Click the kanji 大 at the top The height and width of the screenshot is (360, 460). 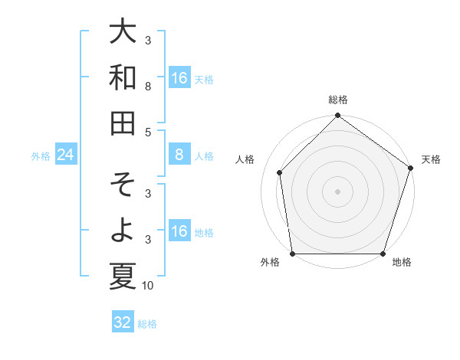click(x=123, y=31)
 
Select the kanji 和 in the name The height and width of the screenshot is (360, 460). click(x=123, y=77)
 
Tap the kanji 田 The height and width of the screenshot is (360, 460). click(x=123, y=122)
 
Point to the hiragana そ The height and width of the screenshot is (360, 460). click(x=123, y=185)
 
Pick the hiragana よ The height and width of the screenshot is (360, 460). click(x=123, y=231)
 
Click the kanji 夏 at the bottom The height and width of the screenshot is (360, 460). click(x=123, y=276)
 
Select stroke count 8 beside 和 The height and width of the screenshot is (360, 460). click(x=148, y=87)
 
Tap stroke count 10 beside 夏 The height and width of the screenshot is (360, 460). click(x=148, y=286)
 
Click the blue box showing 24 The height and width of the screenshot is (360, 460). click(x=66, y=155)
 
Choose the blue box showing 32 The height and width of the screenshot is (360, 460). click(x=123, y=322)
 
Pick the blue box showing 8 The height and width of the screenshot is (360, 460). click(x=179, y=155)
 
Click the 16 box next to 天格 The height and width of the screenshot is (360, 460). click(x=179, y=78)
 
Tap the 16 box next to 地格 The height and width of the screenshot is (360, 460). click(x=179, y=231)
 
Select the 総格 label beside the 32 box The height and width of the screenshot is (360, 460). click(x=147, y=324)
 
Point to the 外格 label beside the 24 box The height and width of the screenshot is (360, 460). click(x=41, y=156)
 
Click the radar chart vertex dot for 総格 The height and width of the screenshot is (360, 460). click(x=337, y=116)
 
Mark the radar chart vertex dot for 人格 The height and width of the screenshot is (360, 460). click(x=280, y=172)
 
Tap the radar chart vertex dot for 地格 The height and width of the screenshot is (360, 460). click(x=383, y=254)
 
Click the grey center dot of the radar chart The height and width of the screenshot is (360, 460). click(x=337, y=191)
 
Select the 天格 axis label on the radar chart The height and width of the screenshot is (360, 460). click(x=431, y=159)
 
